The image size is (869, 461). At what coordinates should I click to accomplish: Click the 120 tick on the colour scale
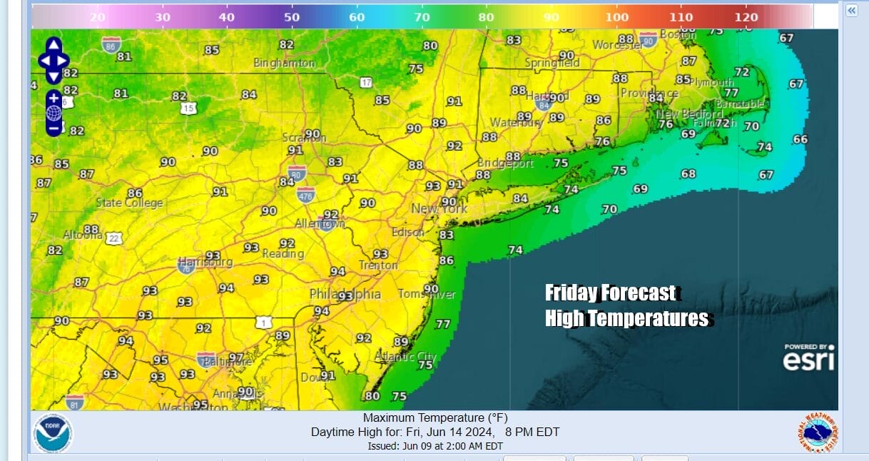(x=746, y=17)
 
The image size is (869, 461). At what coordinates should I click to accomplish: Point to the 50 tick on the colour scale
(x=293, y=17)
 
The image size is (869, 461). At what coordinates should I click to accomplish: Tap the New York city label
(x=439, y=208)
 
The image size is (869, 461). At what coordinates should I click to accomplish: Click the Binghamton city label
(x=285, y=63)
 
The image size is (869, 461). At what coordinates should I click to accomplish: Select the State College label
(x=129, y=203)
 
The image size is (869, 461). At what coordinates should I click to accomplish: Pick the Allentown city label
(x=320, y=224)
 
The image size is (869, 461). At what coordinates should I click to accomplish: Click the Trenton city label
(x=378, y=265)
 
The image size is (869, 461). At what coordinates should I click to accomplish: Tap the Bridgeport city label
(x=505, y=163)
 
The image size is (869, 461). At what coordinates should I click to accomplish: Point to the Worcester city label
(x=617, y=45)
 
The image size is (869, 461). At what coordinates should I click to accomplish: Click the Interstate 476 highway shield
(x=306, y=194)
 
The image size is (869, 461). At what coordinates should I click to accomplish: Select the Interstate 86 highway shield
(x=111, y=44)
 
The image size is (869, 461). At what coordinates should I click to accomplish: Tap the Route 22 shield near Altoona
(x=114, y=238)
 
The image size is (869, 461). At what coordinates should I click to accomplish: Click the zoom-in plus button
(x=54, y=98)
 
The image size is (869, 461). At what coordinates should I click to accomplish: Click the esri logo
(x=808, y=360)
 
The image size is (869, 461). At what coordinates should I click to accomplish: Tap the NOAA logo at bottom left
(x=53, y=432)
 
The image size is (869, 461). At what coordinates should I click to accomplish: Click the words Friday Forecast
(x=610, y=293)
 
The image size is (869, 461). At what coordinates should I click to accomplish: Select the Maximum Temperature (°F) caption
(x=434, y=418)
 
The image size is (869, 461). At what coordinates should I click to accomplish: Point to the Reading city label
(x=283, y=254)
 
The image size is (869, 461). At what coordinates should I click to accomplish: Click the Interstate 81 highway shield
(x=75, y=402)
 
